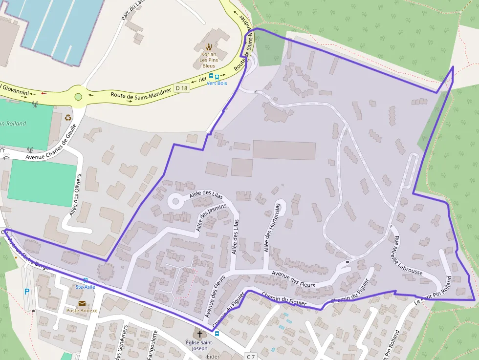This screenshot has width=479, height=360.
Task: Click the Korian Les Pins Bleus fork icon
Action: click(209, 47)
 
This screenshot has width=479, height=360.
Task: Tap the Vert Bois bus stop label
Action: click(216, 83)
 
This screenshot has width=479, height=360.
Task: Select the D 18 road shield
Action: click(181, 88)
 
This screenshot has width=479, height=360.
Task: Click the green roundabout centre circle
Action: click(78, 97)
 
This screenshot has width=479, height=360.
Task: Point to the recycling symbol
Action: click(68, 117)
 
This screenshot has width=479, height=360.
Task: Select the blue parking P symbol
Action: click(27, 292)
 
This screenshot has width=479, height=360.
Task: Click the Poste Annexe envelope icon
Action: click(82, 303)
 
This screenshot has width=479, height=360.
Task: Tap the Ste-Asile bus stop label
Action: click(85, 287)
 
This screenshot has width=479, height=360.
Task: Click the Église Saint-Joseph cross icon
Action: click(199, 335)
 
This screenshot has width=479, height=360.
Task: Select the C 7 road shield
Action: click(251, 357)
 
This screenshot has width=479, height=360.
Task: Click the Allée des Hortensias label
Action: click(273, 227)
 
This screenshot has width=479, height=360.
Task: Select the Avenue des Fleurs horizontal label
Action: click(293, 278)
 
